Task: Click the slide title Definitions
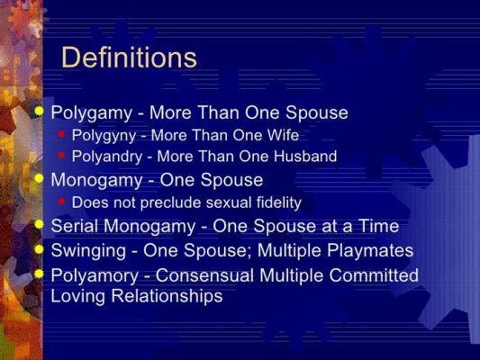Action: [129, 58]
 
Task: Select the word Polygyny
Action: [101, 136]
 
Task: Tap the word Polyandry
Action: [105, 157]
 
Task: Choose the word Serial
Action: [75, 226]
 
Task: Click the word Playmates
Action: [368, 250]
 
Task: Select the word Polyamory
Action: [92, 274]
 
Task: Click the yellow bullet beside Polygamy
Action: [39, 112]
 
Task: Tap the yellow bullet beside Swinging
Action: [39, 248]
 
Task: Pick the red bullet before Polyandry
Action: [61, 156]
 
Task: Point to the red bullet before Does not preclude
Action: [61, 201]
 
